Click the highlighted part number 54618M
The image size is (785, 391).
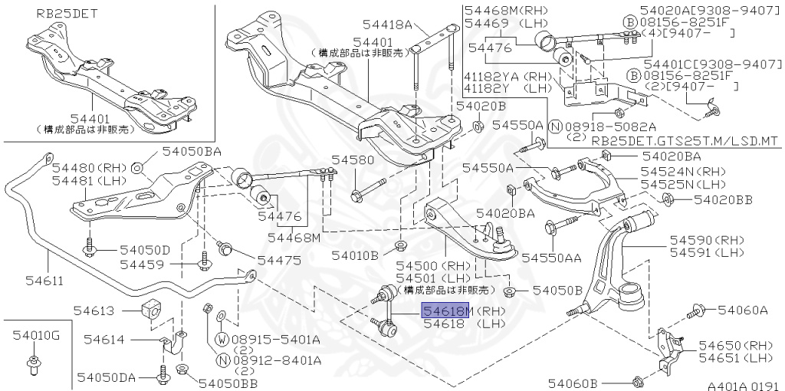tap(445, 310)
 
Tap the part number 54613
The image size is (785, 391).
tap(94, 310)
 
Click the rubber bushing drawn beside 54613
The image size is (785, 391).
tap(151, 310)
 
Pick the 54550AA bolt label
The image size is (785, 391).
tap(552, 258)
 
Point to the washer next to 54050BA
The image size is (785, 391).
tap(138, 168)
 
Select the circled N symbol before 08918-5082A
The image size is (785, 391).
tap(555, 127)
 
